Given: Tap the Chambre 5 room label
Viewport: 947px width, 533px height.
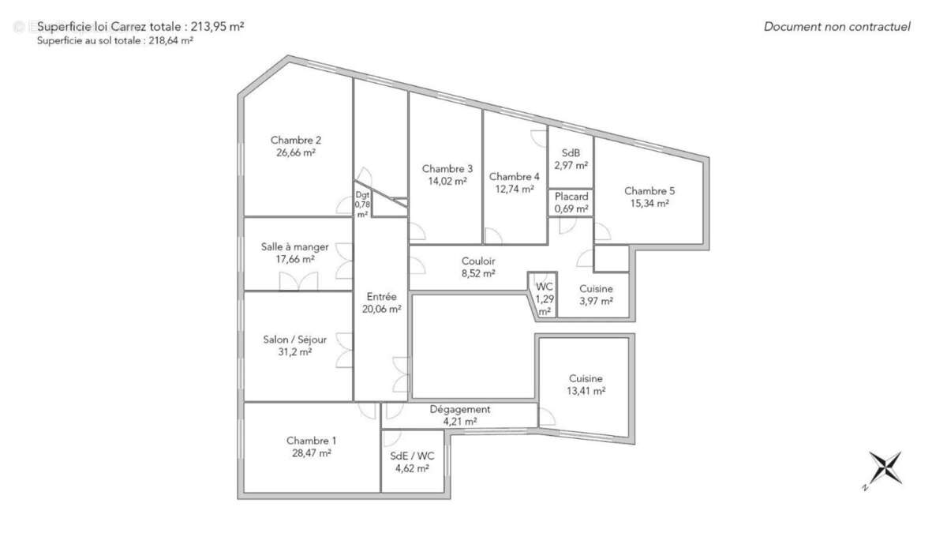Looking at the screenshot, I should coord(649,190).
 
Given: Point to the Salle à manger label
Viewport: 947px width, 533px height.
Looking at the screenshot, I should coord(294,246).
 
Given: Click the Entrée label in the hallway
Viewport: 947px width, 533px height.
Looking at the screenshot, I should coord(381,297).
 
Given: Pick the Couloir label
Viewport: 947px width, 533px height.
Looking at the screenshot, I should coord(478,261).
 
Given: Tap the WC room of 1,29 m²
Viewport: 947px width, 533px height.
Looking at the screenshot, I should coord(545,298).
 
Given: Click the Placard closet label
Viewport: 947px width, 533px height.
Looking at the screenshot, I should coord(571,197).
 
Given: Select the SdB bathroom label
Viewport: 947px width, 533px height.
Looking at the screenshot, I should coord(571,153).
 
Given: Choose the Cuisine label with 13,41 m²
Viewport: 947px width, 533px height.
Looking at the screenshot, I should coord(585,378).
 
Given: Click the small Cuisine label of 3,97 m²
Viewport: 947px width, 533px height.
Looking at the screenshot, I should coord(596,289).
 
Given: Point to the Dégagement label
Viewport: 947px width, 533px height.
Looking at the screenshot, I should coord(459,409).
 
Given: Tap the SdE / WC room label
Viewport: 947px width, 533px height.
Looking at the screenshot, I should coord(412,456).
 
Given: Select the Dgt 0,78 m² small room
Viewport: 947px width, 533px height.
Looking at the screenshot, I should coord(362,204).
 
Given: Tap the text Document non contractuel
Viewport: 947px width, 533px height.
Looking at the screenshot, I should coord(837,27).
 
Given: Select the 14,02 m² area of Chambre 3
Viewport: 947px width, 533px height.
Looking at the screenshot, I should coord(447,181).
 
